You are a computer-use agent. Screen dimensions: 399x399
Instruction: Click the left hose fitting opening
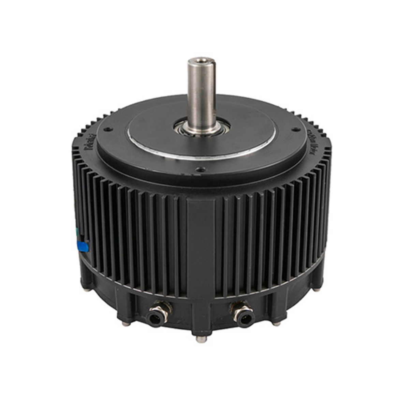[x=156, y=320]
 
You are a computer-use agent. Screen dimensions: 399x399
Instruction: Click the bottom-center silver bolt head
[x=201, y=339]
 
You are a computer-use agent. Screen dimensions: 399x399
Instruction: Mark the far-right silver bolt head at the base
[x=317, y=289]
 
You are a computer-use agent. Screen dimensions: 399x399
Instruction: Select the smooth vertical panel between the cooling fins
[x=201, y=246]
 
